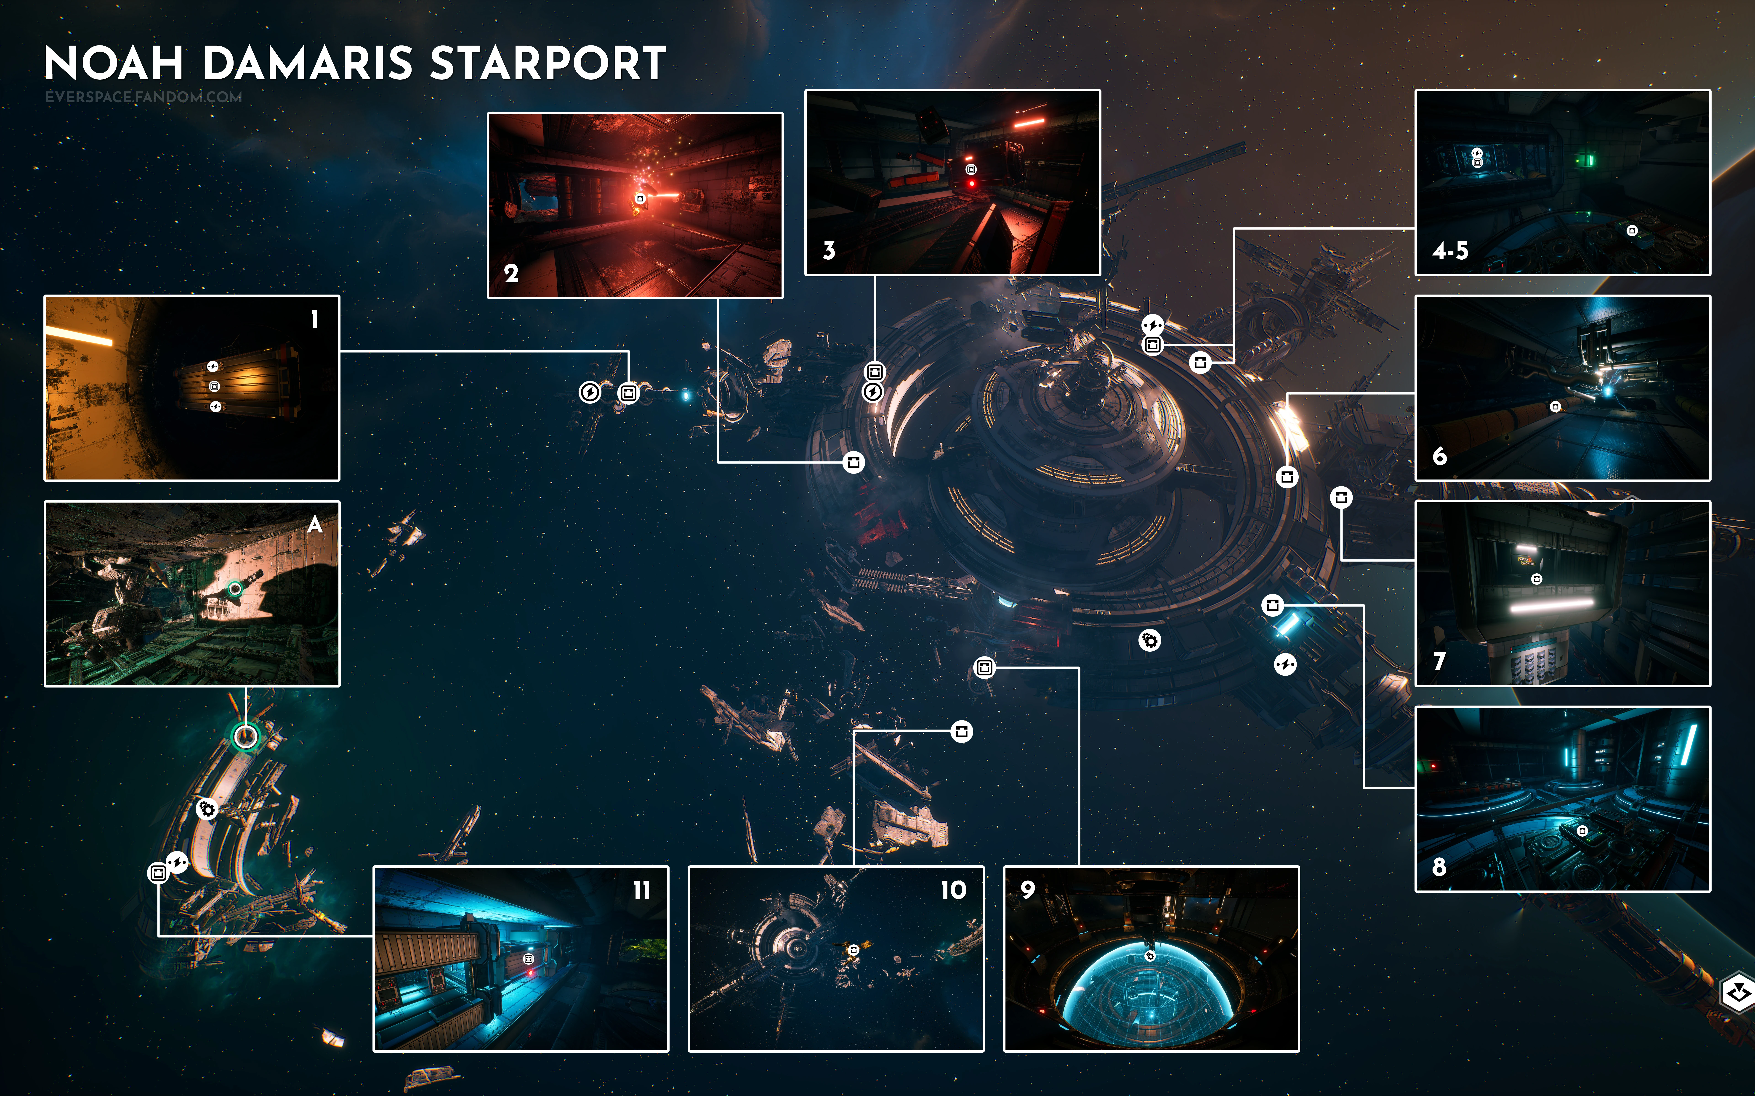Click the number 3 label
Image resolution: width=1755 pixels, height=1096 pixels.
click(829, 251)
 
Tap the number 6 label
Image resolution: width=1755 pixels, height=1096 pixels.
click(1440, 456)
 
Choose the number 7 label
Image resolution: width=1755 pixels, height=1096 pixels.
click(1440, 661)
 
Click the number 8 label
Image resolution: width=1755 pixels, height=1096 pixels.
click(1440, 866)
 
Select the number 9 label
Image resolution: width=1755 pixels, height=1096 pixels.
click(1028, 889)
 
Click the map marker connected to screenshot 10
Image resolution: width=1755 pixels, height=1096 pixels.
click(962, 731)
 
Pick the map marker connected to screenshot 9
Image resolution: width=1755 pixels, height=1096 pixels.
click(984, 668)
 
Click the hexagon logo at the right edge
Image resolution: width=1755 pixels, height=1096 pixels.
click(1738, 993)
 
